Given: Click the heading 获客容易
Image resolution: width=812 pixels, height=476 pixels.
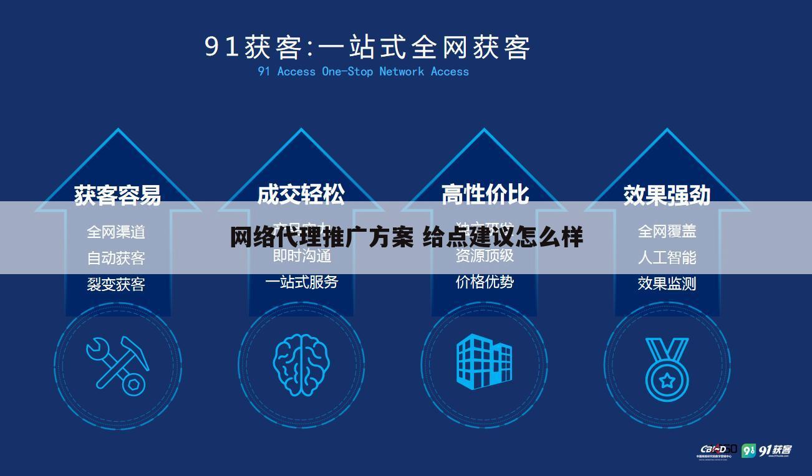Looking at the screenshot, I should point(117,195).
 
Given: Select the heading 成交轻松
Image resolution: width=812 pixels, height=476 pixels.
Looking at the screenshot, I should point(301,195).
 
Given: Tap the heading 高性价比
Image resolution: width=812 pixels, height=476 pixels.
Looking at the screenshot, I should point(485,195).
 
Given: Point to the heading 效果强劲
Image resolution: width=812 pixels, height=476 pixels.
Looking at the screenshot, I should point(667,195).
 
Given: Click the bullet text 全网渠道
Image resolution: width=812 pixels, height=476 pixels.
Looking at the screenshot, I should point(116,232).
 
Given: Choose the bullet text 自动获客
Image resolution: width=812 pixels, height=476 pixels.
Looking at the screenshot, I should point(116,258).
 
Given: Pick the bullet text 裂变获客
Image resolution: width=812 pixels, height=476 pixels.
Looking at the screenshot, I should point(116,284).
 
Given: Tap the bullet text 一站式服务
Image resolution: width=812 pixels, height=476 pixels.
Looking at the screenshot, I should point(301,282).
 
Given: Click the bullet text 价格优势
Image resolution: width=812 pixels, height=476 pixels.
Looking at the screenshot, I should point(485,282).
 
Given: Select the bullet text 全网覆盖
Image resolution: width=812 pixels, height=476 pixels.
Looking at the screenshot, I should point(667,232).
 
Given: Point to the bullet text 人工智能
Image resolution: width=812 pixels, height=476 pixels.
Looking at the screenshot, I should point(667,257).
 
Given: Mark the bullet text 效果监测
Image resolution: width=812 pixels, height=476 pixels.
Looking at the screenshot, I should point(667,283).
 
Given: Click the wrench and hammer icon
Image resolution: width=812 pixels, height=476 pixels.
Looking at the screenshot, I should point(117,366).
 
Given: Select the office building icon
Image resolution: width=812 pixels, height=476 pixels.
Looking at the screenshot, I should point(484,361).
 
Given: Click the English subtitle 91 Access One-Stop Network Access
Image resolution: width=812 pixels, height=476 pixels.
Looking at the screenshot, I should point(363,72).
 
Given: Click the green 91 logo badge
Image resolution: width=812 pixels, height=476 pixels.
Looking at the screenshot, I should point(748,450).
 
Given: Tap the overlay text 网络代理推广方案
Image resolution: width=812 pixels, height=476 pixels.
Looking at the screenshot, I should point(321,237).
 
